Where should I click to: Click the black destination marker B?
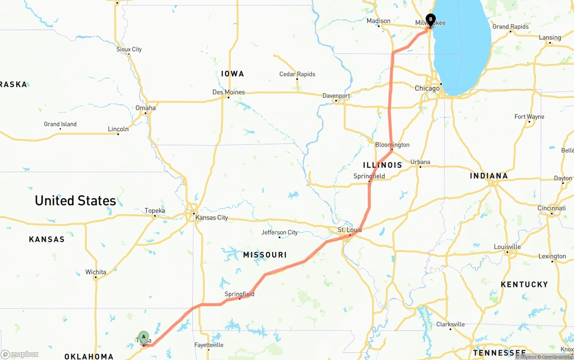430,20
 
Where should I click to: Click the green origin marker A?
143,337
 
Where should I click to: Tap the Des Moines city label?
229,92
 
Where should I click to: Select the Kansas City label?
212,218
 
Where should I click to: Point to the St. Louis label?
350,230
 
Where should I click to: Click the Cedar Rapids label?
297,74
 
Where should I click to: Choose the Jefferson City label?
279,233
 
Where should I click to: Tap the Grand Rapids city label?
510,27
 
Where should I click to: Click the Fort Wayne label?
529,117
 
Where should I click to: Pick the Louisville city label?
507,247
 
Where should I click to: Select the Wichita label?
96,272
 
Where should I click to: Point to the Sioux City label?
129,49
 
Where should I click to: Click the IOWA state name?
232,74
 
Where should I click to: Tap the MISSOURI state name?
265,255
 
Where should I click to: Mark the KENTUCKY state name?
524,285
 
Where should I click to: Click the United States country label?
75,201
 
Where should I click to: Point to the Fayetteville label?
209,345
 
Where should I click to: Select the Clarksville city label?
450,325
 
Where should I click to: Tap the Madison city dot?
378,26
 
